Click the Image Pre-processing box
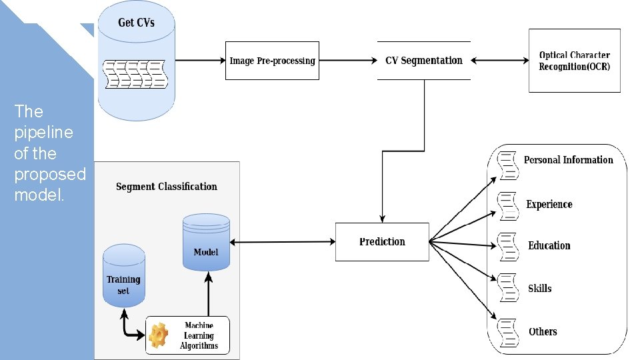coord(272,61)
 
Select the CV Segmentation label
coord(423,61)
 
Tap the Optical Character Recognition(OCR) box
coord(574,61)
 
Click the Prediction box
coord(382,241)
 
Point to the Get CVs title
coord(136,23)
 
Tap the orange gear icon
coord(159,335)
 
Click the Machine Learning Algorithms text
coord(199,335)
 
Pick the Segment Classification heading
coord(167,187)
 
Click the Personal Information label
coord(568,160)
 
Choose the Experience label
coord(549,205)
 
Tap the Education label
coord(549,246)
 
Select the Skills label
coord(540,289)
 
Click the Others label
coord(543,331)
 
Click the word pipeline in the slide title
coord(43,132)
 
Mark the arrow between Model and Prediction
coord(283,241)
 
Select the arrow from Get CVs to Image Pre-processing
coord(200,61)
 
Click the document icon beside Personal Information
coord(509,164)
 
